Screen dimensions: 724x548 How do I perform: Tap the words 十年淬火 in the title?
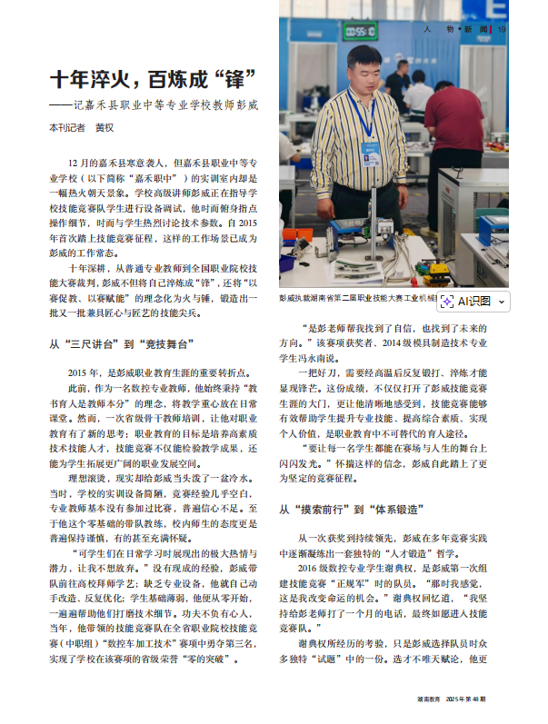point(86,78)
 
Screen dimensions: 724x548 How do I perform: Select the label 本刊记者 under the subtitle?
point(66,128)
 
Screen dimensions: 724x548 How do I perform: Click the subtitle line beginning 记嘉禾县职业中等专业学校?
point(159,104)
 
